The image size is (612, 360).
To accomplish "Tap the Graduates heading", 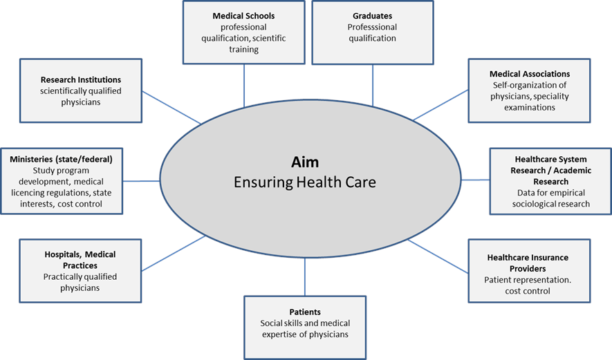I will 372,16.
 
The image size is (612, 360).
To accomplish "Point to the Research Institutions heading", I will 81,79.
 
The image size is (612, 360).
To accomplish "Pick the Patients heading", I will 304,312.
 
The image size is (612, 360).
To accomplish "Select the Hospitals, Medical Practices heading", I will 81,260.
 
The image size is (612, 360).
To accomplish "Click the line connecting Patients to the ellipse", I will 305,276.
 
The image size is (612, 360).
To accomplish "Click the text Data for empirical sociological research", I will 550,198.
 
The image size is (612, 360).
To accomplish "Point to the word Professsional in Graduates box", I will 372,28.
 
